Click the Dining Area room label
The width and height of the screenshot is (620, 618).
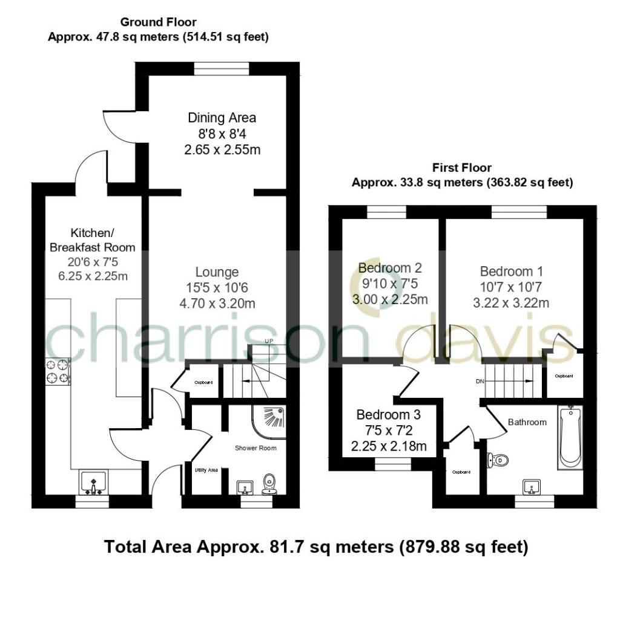click(222, 117)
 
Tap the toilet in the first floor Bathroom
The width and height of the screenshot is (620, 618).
click(499, 461)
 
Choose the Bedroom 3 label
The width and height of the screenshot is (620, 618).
click(388, 415)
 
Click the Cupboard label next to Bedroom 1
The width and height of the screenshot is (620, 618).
click(564, 376)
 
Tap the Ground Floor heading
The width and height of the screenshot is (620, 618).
click(158, 22)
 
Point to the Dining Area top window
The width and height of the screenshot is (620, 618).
click(222, 68)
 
